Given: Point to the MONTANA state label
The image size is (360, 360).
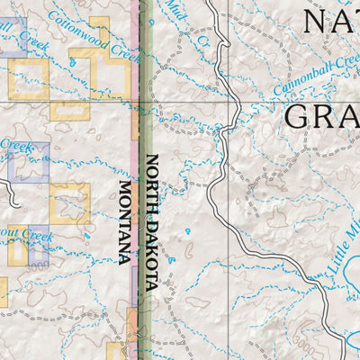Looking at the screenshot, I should (x=124, y=221).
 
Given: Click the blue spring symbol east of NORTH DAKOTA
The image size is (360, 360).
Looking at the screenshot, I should (x=186, y=232).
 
